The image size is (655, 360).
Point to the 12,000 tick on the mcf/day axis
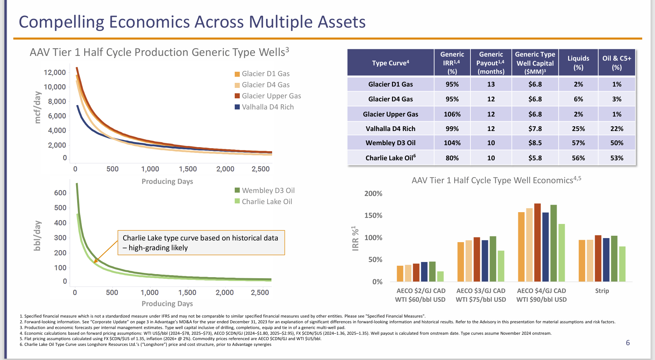(x=55, y=72)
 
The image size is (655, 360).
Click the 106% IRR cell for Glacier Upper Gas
(x=452, y=114)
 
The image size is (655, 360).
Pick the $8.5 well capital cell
(x=535, y=143)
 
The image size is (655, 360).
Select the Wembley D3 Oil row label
(x=390, y=143)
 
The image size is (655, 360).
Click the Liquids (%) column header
(x=578, y=63)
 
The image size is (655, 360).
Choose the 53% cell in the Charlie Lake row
(x=617, y=158)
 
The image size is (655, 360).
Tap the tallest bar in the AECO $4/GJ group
(x=537, y=242)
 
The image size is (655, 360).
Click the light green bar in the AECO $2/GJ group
(x=440, y=276)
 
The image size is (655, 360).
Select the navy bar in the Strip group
(x=606, y=260)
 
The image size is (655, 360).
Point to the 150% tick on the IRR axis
(x=373, y=216)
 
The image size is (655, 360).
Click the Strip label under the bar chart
(x=602, y=291)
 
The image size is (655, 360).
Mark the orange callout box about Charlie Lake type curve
(x=201, y=243)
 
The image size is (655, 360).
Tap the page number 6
(x=628, y=343)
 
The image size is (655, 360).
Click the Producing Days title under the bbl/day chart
(x=167, y=304)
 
